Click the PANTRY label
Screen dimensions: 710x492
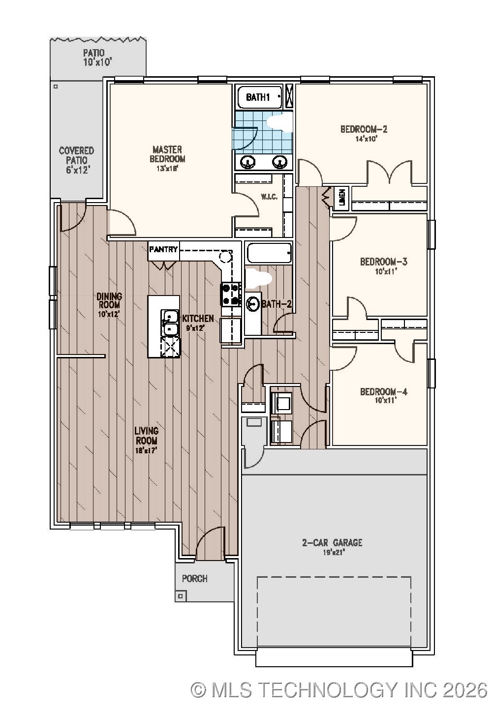coord(163,249)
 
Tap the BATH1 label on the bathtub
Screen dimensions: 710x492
coord(258,97)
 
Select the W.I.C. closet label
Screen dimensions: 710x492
coord(269,197)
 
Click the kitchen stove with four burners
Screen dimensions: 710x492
coord(230,295)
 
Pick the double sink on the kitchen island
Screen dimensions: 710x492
coord(170,323)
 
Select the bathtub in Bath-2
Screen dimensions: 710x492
coord(269,254)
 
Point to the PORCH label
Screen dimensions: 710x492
coord(195,578)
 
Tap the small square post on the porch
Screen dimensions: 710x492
coord(181,596)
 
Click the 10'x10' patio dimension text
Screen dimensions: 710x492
coord(98,62)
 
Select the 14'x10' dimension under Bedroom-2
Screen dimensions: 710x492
coord(364,139)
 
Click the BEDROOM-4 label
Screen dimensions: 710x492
coord(384,392)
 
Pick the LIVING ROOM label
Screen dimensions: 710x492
coord(147,436)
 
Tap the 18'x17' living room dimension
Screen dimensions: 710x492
coord(147,450)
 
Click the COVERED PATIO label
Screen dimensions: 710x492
coord(76,155)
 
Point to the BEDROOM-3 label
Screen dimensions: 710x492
coord(384,262)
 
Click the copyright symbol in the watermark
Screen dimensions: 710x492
coord(198,690)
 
